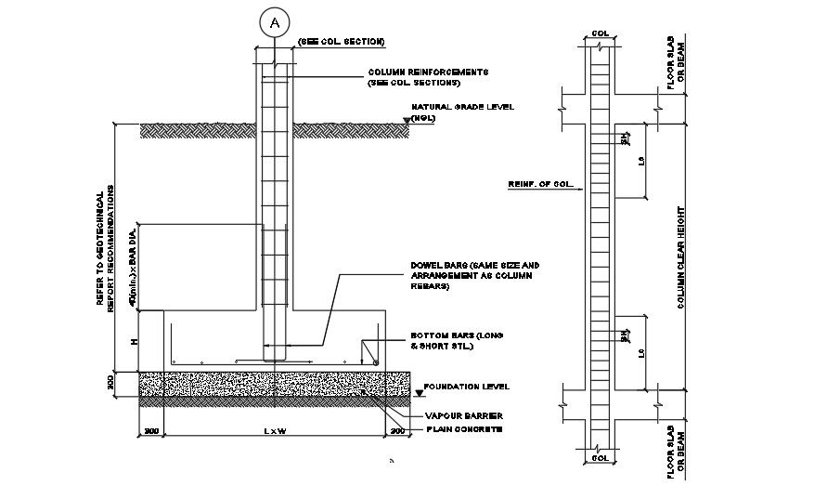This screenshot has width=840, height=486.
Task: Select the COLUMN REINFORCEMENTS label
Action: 430,72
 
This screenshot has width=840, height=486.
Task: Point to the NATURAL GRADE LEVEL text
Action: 463,107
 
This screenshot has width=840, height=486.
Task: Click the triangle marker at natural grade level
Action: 407,121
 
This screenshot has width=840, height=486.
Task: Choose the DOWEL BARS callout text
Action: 474,266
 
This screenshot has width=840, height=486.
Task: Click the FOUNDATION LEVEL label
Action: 464,386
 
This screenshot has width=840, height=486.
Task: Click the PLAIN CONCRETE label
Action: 463,429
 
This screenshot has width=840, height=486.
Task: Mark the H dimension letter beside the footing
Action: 135,341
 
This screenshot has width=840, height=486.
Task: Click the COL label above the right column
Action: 601,34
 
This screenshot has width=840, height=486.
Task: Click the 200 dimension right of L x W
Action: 397,431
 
